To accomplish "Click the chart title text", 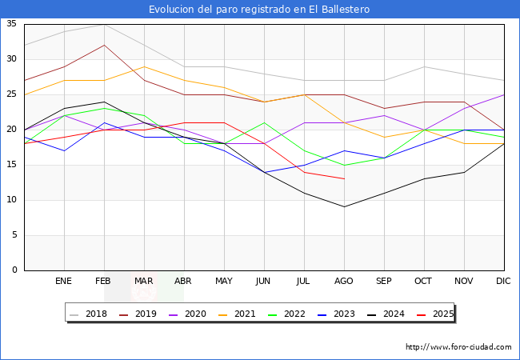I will point(259,9).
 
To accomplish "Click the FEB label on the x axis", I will point(103,282).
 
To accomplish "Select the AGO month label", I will point(344,282).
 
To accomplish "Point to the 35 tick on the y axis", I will point(11,24).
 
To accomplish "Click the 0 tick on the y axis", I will point(14,270).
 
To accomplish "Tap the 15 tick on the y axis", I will point(11,165).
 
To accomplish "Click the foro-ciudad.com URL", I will point(458,347).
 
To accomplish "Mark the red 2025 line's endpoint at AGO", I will point(344,179).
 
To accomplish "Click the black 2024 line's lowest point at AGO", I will point(344,207).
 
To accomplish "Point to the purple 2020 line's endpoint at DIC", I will point(504,94).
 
